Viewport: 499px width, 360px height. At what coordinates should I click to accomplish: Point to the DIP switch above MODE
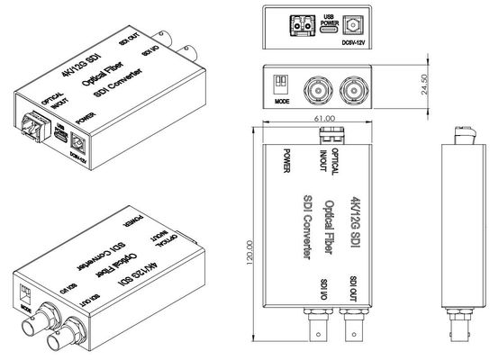281,82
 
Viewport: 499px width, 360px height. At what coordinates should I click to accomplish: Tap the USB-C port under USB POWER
331,29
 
